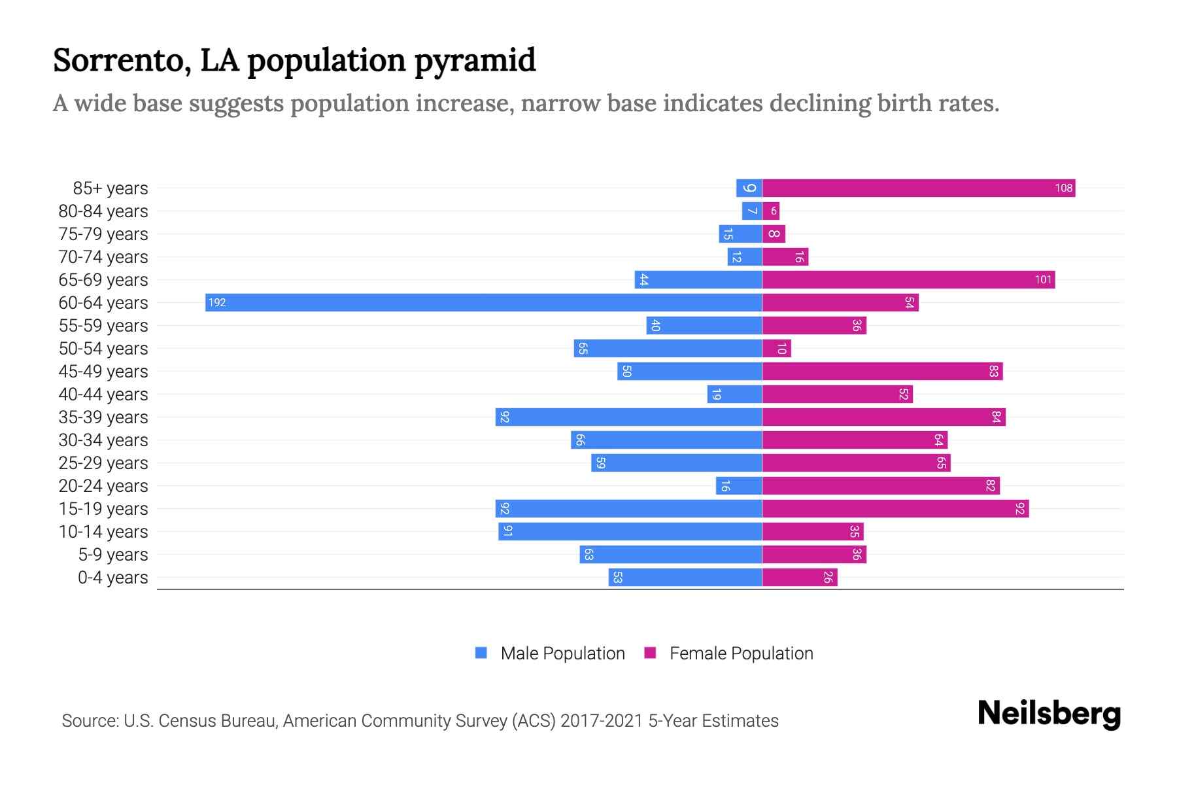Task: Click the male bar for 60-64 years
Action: coord(484,302)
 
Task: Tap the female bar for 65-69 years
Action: coord(908,280)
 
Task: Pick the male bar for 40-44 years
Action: coord(735,394)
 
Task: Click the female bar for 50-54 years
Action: coord(777,349)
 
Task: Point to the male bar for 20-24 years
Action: coord(739,486)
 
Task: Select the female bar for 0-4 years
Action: coord(800,578)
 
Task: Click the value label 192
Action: coord(217,302)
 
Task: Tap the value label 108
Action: coord(1063,188)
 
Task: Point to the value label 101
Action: coord(1043,280)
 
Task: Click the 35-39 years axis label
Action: coord(103,417)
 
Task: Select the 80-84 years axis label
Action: coord(103,211)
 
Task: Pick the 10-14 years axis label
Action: coord(103,532)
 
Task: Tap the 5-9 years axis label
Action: coord(113,555)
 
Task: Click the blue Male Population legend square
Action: coord(481,653)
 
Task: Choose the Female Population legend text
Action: coord(741,653)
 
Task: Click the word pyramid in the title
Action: coord(475,60)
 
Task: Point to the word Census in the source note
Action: coord(189,721)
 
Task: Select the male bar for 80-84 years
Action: coord(752,211)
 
